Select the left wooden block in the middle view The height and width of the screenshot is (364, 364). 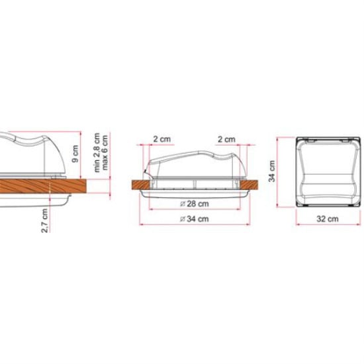tap(142, 185)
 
